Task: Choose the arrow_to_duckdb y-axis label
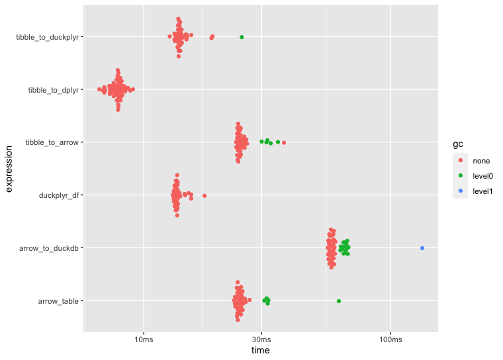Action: [50, 248]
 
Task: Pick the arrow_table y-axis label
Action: [60, 301]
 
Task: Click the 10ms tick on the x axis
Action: [144, 339]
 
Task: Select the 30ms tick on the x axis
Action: [261, 339]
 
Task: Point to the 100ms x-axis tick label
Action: [390, 339]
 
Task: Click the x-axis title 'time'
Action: [261, 351]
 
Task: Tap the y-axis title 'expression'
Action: [9, 169]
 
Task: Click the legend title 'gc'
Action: [457, 144]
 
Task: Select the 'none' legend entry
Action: [480, 160]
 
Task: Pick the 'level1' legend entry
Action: [482, 191]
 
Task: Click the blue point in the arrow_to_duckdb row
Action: [422, 248]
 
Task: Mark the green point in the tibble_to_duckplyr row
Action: [242, 37]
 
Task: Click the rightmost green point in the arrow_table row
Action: [339, 301]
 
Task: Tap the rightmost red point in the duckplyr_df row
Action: [205, 195]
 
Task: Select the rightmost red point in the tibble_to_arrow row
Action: [284, 142]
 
